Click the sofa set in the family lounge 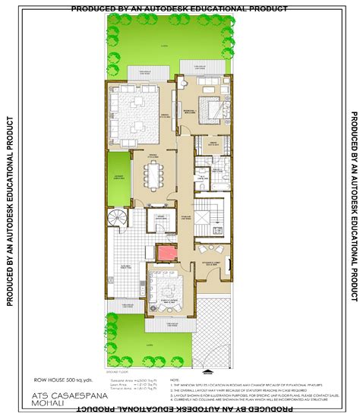164,287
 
